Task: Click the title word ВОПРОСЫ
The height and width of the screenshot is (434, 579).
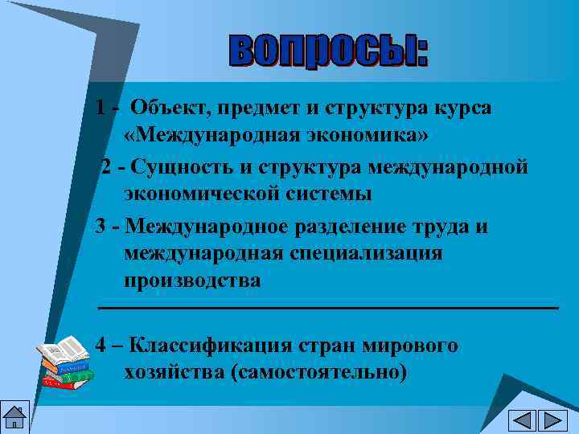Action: coord(328,50)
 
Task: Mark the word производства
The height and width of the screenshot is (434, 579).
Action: coord(192,280)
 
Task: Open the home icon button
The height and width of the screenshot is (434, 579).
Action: coord(15,417)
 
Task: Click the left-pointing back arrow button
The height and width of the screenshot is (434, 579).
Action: coord(522,420)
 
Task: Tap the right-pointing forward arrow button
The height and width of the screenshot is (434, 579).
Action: coord(552,420)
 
